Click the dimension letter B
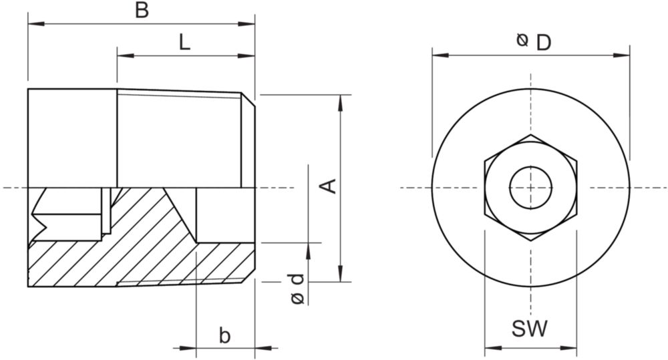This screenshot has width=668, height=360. click(142, 10)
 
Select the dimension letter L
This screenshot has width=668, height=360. click(184, 42)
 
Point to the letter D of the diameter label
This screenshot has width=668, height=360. click(544, 43)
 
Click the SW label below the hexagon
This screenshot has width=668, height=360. click(530, 329)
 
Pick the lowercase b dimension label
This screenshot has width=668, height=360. click(224, 335)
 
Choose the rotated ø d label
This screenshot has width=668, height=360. click(298, 289)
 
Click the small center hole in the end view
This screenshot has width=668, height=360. click(531, 188)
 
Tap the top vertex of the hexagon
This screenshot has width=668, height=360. click(531, 135)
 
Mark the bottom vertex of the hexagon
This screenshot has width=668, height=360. click(531, 240)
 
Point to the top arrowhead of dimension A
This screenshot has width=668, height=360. click(340, 103)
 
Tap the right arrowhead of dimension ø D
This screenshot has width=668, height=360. click(621, 55)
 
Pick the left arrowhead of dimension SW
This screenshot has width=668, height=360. click(494, 348)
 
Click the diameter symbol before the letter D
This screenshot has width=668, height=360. click(522, 40)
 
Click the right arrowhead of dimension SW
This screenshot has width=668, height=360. click(568, 348)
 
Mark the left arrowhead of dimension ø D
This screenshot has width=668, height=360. click(440, 55)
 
